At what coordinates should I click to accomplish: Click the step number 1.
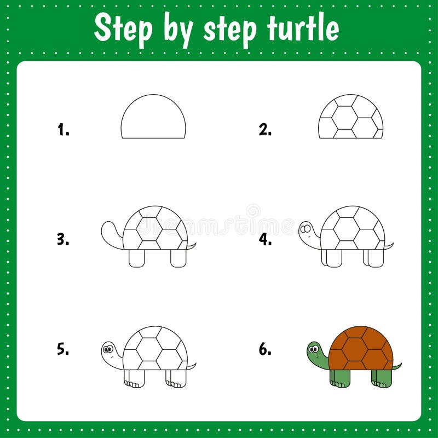63,130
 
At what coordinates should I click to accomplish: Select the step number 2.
265,130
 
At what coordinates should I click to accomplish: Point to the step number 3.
63,239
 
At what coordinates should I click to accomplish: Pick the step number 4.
265,239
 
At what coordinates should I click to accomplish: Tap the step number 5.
63,349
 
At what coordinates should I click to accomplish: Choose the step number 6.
265,349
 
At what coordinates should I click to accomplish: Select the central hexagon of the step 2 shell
345,117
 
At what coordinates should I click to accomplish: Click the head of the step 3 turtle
109,230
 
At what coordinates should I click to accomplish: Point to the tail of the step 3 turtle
191,246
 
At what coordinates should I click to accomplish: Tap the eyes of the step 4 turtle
306,227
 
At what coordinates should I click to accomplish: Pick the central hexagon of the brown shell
355,349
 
